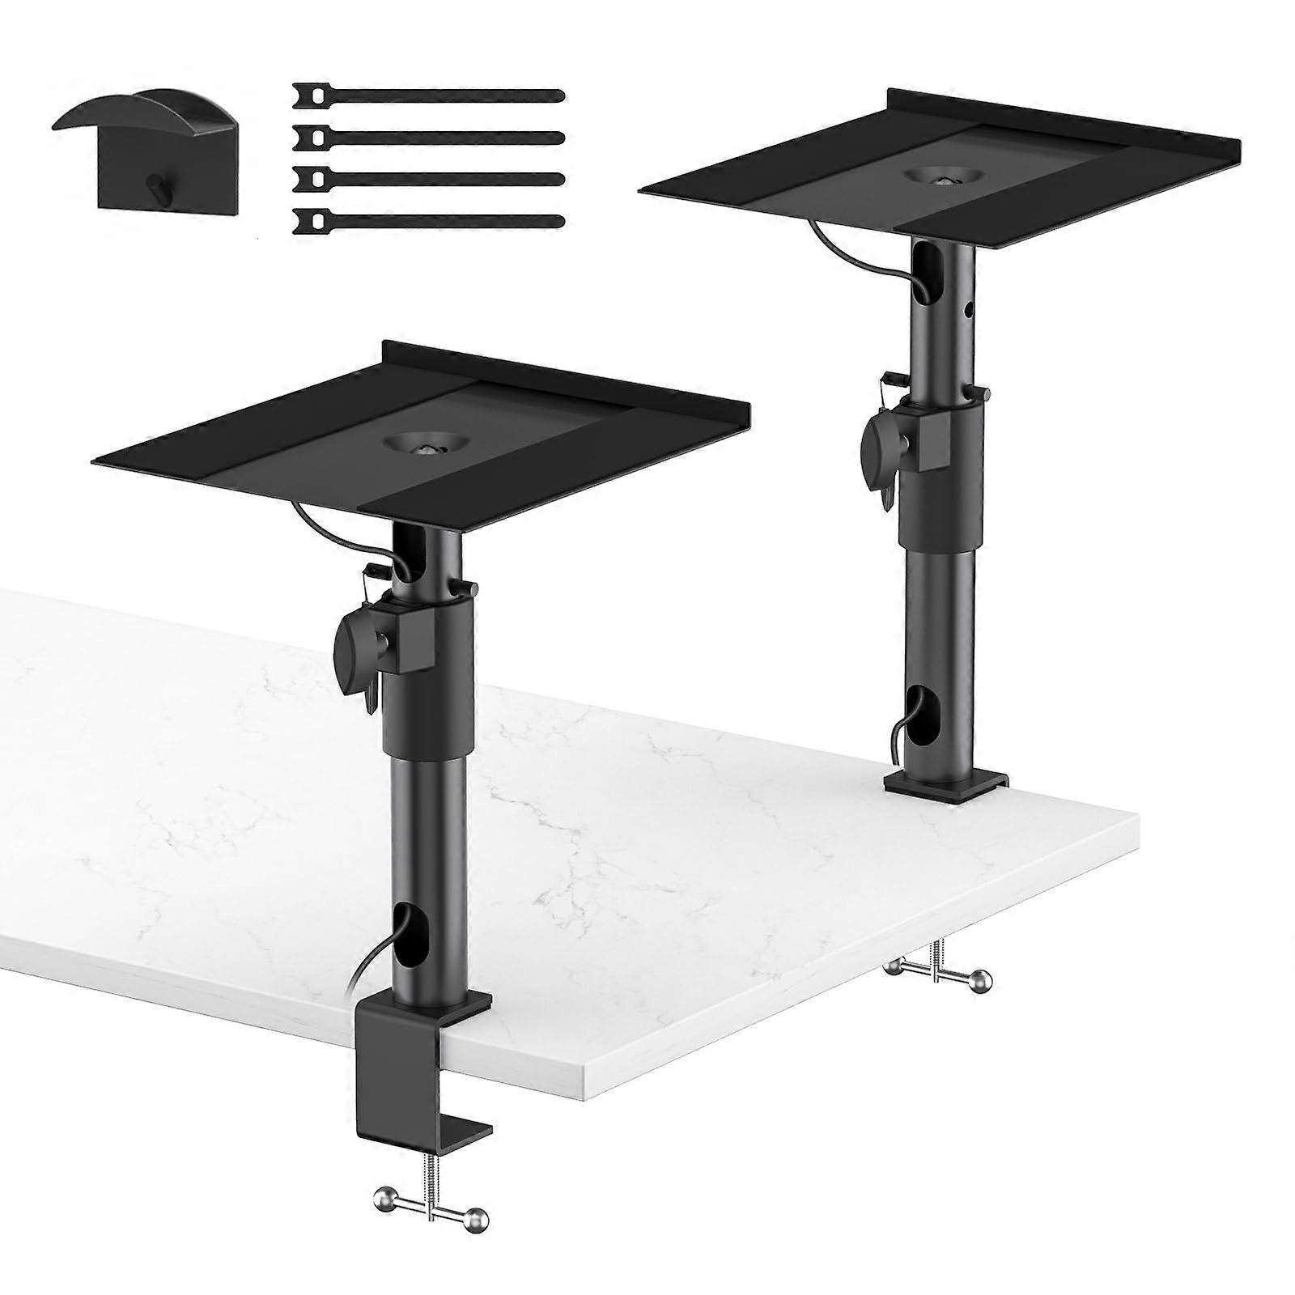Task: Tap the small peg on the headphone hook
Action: tap(151, 185)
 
